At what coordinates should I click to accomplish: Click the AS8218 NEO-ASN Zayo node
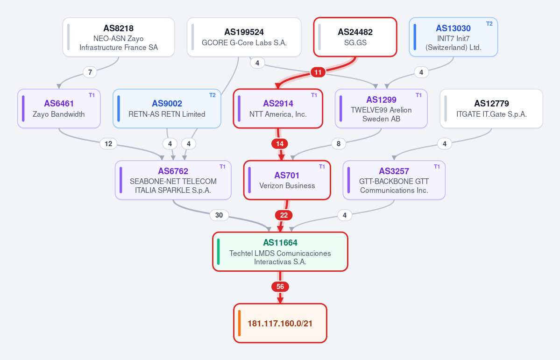pyautogui.click(x=119, y=37)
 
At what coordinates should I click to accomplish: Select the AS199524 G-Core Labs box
pyautogui.click(x=244, y=37)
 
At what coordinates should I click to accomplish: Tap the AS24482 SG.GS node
pyautogui.click(x=355, y=37)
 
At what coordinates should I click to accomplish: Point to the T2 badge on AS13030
pyautogui.click(x=489, y=24)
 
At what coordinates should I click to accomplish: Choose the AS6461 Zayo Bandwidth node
pyautogui.click(x=59, y=109)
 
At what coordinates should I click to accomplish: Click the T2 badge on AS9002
pyautogui.click(x=213, y=95)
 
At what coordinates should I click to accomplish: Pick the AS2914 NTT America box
pyautogui.click(x=278, y=109)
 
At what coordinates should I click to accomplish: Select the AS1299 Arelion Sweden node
pyautogui.click(x=381, y=109)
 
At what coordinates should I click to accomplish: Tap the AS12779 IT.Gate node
pyautogui.click(x=491, y=109)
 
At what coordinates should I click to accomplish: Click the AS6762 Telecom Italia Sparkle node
pyautogui.click(x=173, y=180)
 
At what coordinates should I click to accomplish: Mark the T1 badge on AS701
pyautogui.click(x=322, y=167)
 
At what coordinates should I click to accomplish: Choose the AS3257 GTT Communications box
pyautogui.click(x=394, y=180)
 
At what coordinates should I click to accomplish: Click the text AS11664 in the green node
pyautogui.click(x=280, y=243)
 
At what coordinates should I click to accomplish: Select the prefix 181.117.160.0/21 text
pyautogui.click(x=280, y=324)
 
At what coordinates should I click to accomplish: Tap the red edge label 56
pyautogui.click(x=280, y=287)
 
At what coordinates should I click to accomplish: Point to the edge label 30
pyautogui.click(x=219, y=215)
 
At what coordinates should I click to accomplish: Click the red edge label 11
pyautogui.click(x=318, y=72)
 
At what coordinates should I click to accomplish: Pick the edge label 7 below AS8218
pyautogui.click(x=90, y=72)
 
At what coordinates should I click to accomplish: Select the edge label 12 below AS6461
pyautogui.click(x=108, y=144)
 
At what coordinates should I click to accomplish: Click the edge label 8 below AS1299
pyautogui.click(x=339, y=144)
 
